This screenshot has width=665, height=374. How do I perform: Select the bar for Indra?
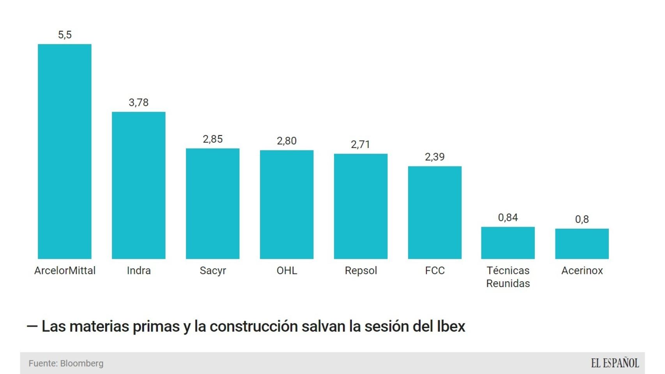click(x=138, y=185)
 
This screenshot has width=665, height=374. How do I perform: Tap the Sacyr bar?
click(x=212, y=203)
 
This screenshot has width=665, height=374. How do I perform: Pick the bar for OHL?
click(x=287, y=204)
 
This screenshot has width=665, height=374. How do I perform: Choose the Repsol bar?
click(x=361, y=206)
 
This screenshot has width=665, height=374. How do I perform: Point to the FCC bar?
click(x=435, y=212)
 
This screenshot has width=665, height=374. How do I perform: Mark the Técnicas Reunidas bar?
click(x=508, y=243)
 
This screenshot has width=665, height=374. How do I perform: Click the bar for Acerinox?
click(x=582, y=243)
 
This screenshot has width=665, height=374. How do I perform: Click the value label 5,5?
click(x=65, y=35)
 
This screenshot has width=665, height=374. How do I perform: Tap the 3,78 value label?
click(x=138, y=102)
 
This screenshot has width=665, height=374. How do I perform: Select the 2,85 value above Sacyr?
click(x=212, y=139)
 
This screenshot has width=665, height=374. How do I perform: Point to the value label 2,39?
click(x=435, y=157)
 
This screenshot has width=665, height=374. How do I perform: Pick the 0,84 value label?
click(x=508, y=217)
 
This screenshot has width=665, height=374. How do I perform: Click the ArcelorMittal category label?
click(x=65, y=270)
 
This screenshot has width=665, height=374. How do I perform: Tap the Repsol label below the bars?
click(x=361, y=270)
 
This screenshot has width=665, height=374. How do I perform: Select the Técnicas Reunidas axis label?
click(x=508, y=277)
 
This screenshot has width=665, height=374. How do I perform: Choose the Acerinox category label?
click(x=582, y=270)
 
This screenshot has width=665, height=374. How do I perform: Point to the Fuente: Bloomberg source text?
click(x=66, y=363)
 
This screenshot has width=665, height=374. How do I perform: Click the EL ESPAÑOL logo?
click(x=615, y=363)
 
